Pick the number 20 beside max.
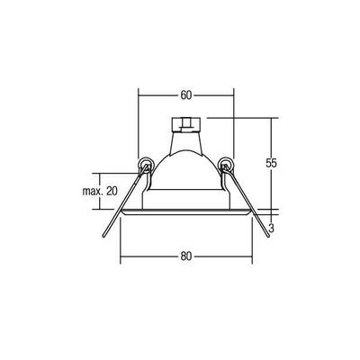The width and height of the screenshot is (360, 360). (111, 191)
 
